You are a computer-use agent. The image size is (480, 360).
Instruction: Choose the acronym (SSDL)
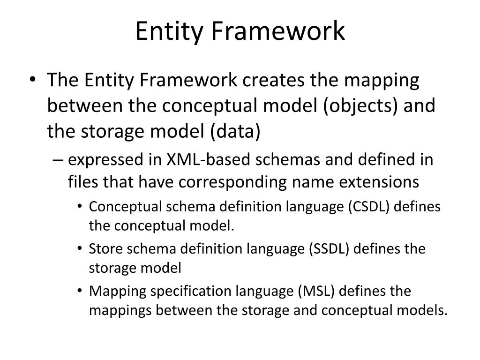point(329,248)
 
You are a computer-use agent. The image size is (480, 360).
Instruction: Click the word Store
point(101,248)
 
